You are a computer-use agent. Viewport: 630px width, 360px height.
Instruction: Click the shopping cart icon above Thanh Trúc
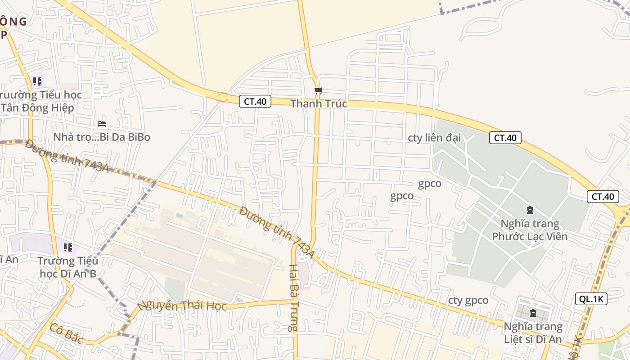coord(318,90)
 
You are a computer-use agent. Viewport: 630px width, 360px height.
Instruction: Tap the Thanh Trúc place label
coord(319,103)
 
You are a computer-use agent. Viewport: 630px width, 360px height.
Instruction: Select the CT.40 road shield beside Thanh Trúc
coord(255,101)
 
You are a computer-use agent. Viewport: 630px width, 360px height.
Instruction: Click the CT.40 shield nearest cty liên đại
coord(505,138)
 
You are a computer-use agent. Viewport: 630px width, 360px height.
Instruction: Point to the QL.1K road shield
coord(591,298)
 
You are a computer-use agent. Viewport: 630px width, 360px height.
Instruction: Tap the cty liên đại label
coord(434,138)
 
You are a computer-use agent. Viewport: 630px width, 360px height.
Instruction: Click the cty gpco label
coord(468,300)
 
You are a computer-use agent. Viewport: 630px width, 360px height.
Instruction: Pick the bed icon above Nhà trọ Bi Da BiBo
coord(102,123)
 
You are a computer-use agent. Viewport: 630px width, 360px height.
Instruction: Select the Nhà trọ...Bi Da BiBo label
coord(102,137)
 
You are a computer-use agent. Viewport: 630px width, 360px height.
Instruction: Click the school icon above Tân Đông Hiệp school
coord(37,81)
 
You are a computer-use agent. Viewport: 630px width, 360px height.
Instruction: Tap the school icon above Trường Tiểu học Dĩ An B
coord(68,247)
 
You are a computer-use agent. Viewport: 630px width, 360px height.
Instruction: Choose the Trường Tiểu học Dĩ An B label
coord(68,267)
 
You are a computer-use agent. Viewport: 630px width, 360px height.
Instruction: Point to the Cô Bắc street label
coord(66,333)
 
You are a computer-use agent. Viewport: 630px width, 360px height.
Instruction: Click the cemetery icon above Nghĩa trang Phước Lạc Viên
coord(530,210)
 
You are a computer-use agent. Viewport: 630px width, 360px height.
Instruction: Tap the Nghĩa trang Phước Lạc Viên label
coord(530,229)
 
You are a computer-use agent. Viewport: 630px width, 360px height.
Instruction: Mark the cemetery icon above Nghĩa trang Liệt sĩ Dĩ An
coord(533,313)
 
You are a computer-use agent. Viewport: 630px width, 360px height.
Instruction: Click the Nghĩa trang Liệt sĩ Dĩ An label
coord(533,333)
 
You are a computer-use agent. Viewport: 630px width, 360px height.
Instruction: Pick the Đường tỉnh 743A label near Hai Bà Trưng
coord(276,232)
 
